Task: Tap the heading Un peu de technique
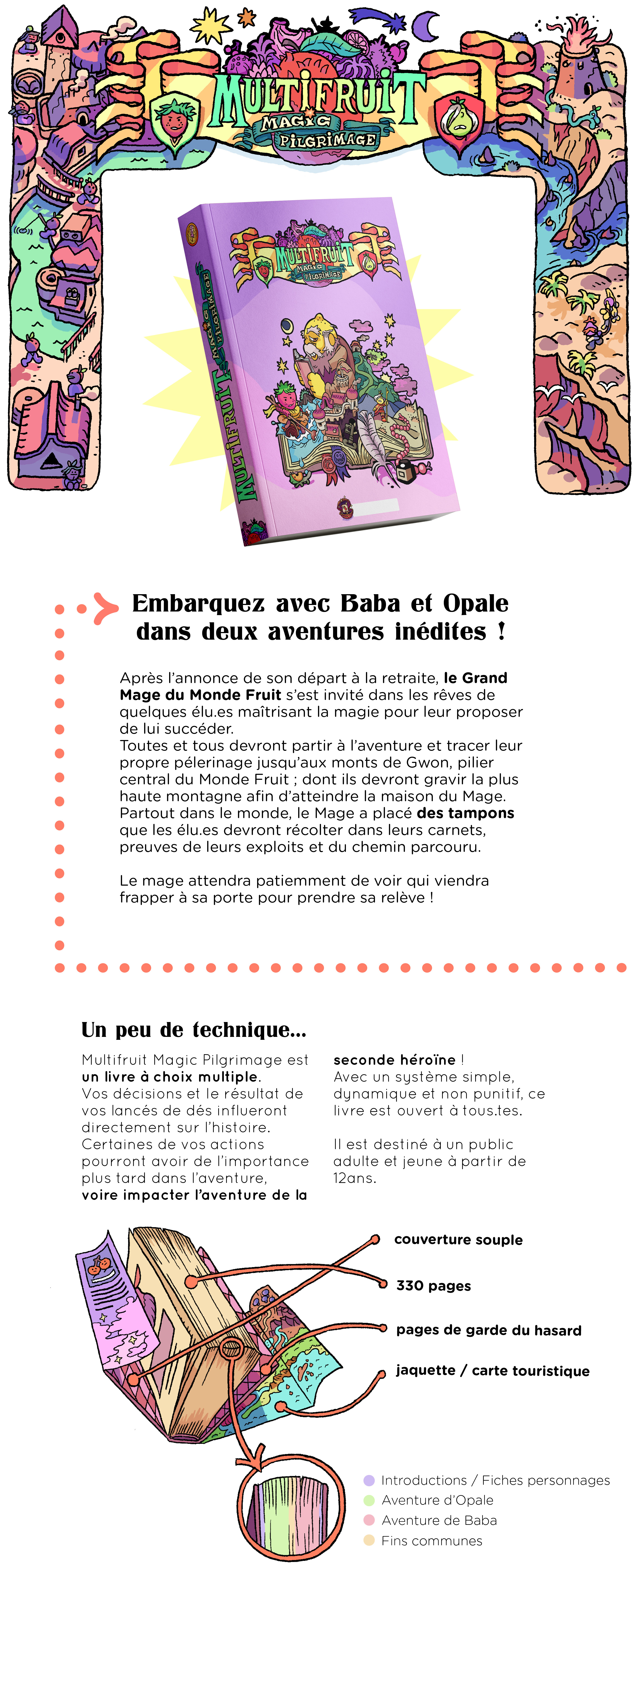tap(193, 1029)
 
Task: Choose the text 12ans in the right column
tap(354, 1178)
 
